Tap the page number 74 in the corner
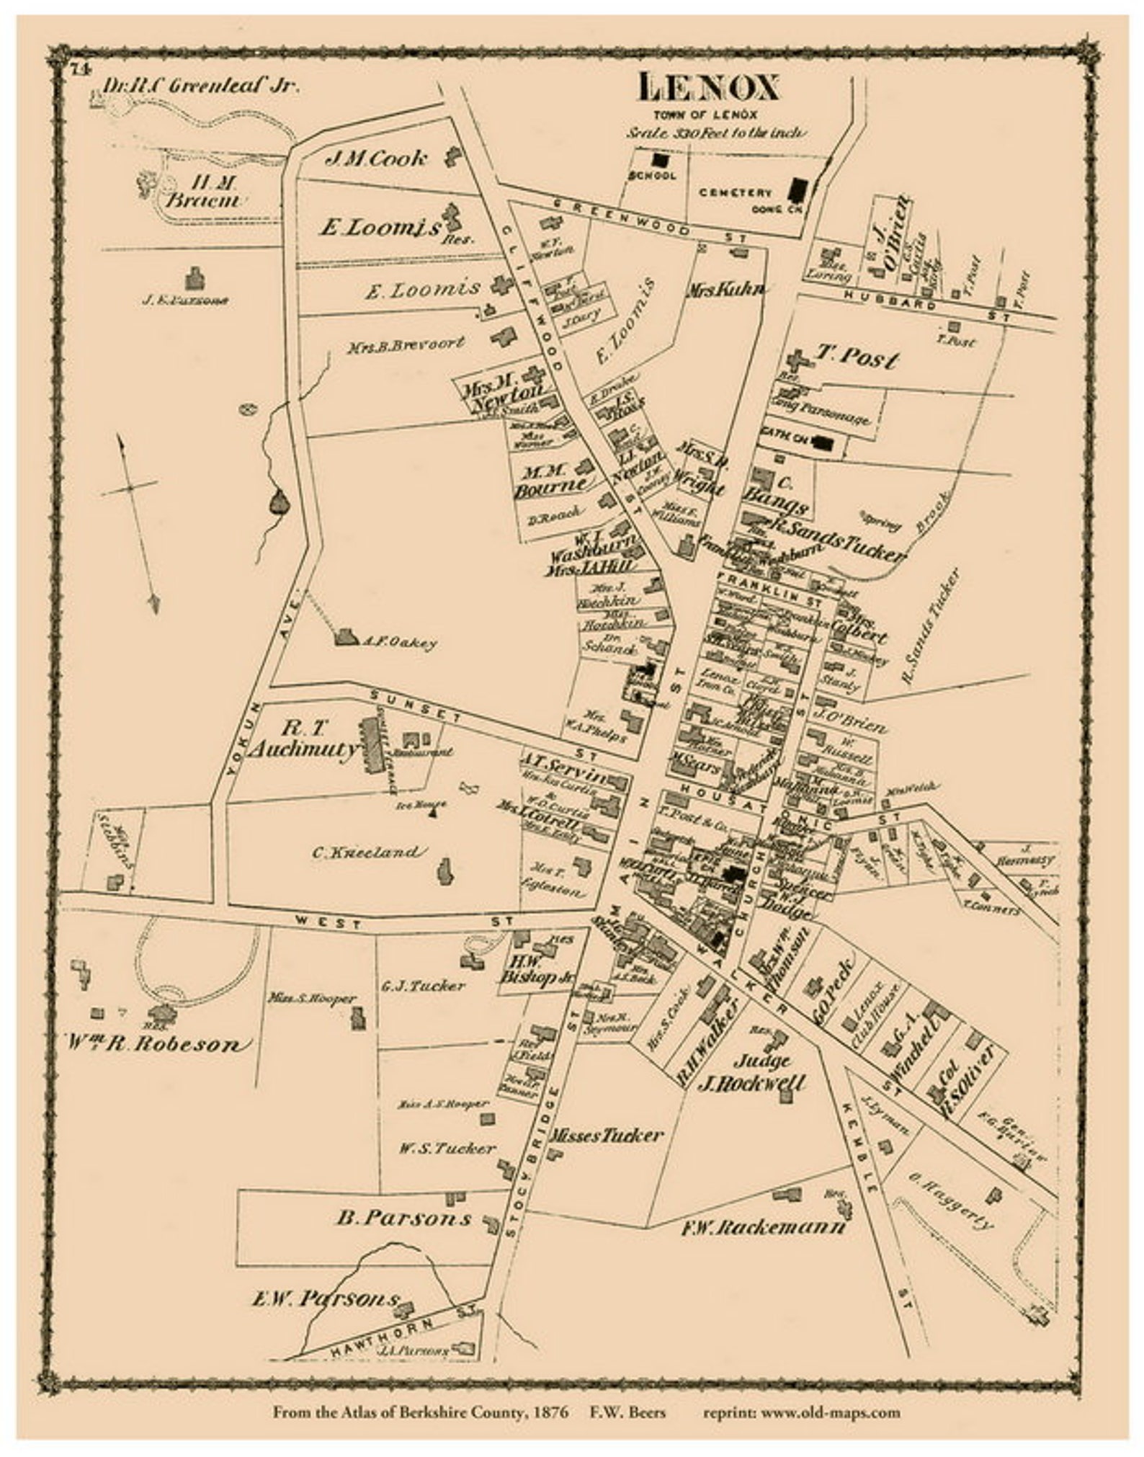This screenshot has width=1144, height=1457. point(79,69)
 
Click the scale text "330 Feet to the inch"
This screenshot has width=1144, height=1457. point(717,133)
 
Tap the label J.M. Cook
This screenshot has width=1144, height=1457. point(376,158)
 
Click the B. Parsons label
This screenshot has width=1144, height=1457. point(403,1217)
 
